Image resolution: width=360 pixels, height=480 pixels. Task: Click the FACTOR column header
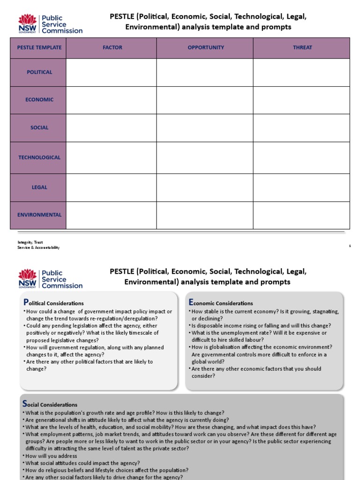click(112, 48)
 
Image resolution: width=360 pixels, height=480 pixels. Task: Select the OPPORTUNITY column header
click(206, 48)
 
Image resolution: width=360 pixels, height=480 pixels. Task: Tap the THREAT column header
click(302, 48)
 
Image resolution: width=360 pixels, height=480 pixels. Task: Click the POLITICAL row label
click(39, 72)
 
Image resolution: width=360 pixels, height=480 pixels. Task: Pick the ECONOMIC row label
click(39, 100)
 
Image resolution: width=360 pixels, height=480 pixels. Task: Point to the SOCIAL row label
click(39, 127)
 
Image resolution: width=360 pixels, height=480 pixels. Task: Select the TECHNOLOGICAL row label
click(39, 157)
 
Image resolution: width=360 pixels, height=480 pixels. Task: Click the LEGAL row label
click(39, 187)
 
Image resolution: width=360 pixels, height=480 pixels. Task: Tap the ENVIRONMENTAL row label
click(39, 215)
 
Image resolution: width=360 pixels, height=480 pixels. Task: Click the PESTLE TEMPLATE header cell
click(39, 48)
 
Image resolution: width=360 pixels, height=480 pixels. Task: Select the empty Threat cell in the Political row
click(301, 72)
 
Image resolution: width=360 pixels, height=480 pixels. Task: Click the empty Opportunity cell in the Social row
click(205, 127)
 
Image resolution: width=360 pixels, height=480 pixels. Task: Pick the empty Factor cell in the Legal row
click(111, 187)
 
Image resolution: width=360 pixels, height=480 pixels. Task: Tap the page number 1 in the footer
click(350, 245)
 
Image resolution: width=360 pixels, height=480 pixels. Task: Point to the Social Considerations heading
click(50, 404)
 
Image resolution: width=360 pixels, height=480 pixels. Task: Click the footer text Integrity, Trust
click(30, 242)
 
